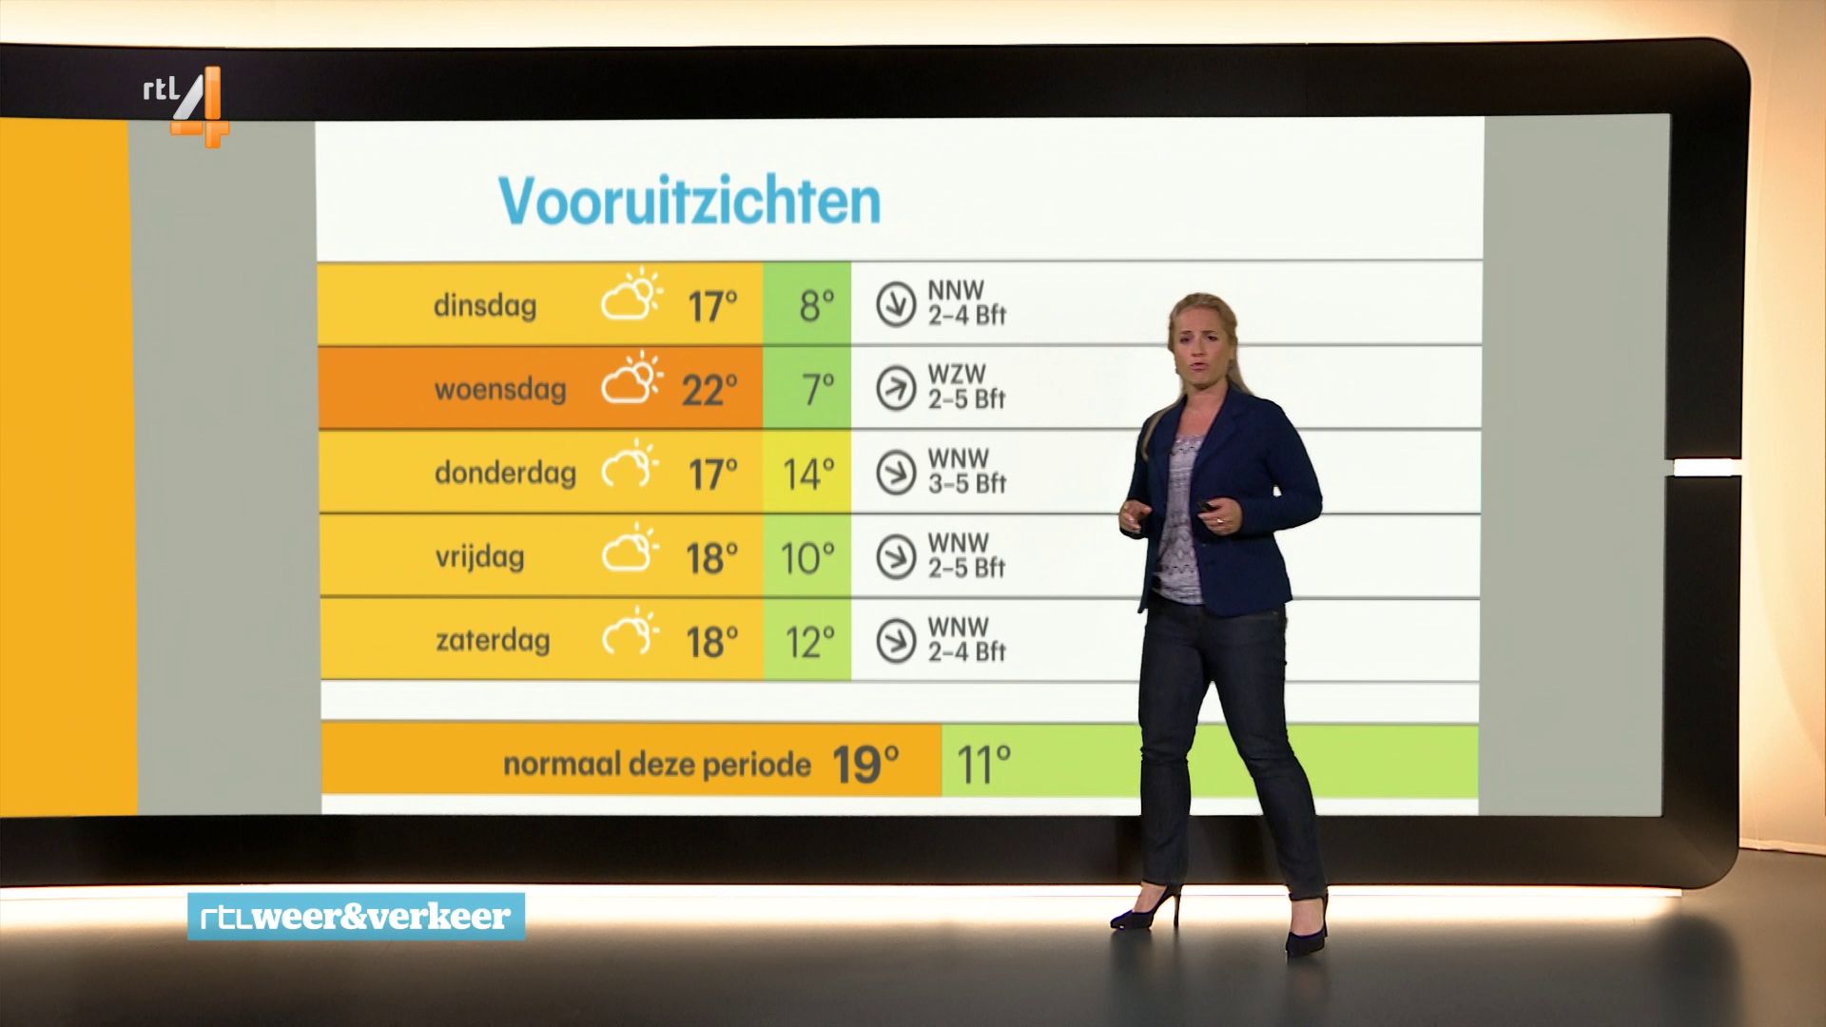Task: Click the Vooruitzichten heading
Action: click(690, 201)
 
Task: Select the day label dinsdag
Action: click(485, 306)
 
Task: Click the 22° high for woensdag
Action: click(709, 390)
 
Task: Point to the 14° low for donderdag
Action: click(808, 474)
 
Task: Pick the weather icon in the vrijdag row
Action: click(631, 549)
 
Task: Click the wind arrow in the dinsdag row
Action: click(896, 305)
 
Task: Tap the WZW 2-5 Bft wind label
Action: click(966, 387)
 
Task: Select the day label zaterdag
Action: click(493, 641)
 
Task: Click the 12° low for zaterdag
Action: click(810, 643)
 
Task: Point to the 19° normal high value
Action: click(864, 765)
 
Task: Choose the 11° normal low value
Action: click(983, 765)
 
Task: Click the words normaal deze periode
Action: click(657, 765)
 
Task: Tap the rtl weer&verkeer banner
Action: click(356, 917)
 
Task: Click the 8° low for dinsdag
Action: click(817, 306)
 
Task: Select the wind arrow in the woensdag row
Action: click(896, 389)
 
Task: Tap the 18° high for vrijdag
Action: click(711, 558)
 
